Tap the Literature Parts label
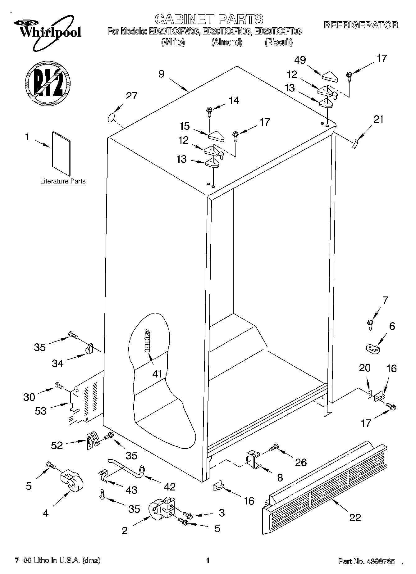[x=63, y=181]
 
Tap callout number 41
[x=158, y=373]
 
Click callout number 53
[x=41, y=411]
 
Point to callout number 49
[x=300, y=60]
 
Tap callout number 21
[x=378, y=119]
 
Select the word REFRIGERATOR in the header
[x=361, y=25]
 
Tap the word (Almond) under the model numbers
[x=226, y=42]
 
